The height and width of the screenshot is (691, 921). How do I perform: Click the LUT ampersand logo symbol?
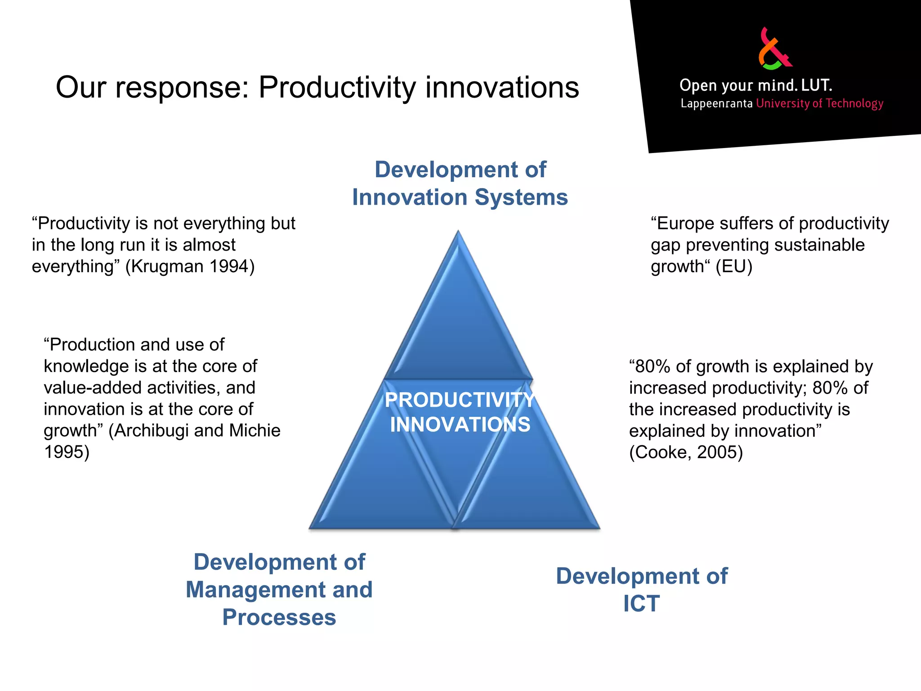click(774, 49)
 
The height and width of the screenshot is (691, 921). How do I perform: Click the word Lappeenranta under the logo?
click(716, 104)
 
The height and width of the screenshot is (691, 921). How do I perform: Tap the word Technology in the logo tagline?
click(854, 104)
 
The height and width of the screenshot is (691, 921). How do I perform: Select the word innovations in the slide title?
click(502, 87)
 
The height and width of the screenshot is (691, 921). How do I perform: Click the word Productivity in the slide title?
click(337, 87)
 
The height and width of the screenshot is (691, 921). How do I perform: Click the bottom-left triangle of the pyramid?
click(382, 486)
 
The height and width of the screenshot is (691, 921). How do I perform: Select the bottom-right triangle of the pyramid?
click(531, 486)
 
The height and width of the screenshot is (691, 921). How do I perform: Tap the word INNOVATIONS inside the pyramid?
click(460, 425)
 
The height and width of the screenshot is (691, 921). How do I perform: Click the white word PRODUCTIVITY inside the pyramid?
click(460, 400)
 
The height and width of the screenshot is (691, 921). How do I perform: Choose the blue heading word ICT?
click(641, 604)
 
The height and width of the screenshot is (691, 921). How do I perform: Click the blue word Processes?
click(279, 617)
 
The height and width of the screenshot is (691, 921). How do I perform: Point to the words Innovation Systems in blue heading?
click(460, 197)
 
